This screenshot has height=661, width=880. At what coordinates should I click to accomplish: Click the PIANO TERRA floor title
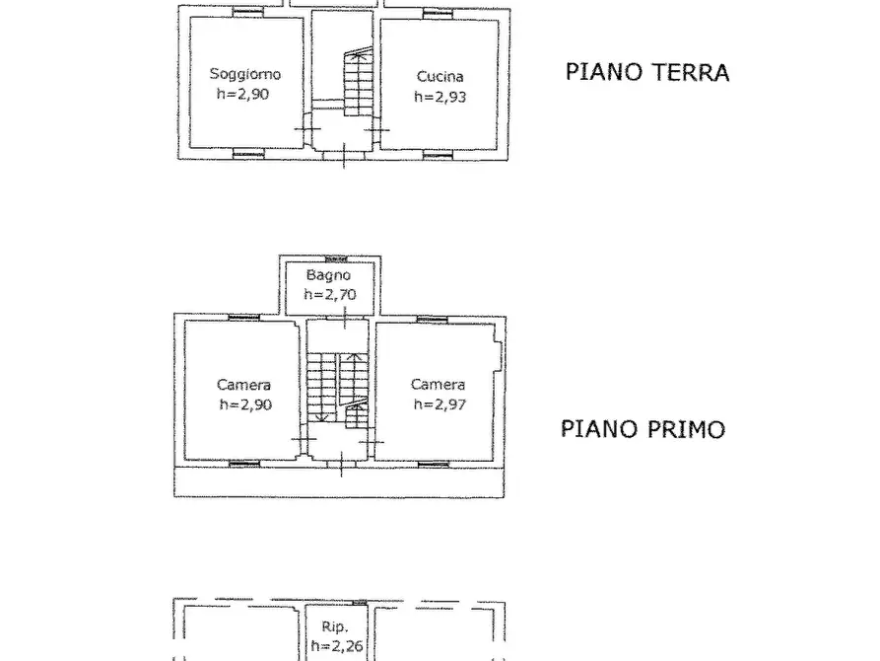click(x=646, y=72)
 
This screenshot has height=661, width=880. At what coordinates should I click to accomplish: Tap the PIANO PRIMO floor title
click(x=643, y=429)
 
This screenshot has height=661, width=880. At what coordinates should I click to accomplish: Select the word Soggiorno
click(x=244, y=74)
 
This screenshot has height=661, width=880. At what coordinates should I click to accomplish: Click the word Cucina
click(x=439, y=77)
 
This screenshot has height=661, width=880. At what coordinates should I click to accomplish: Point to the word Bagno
click(x=328, y=275)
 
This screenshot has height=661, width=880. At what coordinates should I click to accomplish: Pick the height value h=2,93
click(x=439, y=97)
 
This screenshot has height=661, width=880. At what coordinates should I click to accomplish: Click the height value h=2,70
click(x=328, y=294)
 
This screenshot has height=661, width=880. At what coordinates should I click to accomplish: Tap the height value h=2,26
click(x=335, y=647)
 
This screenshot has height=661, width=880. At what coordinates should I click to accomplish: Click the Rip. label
click(x=335, y=625)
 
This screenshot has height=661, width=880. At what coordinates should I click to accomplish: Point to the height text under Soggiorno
click(x=243, y=94)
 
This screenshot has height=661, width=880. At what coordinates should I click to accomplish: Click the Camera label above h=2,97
click(x=438, y=384)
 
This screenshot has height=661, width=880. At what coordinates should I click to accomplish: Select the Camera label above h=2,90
click(x=243, y=385)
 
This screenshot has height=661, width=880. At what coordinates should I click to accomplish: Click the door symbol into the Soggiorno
click(x=307, y=128)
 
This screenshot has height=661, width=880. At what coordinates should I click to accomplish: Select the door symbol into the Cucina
click(x=372, y=128)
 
